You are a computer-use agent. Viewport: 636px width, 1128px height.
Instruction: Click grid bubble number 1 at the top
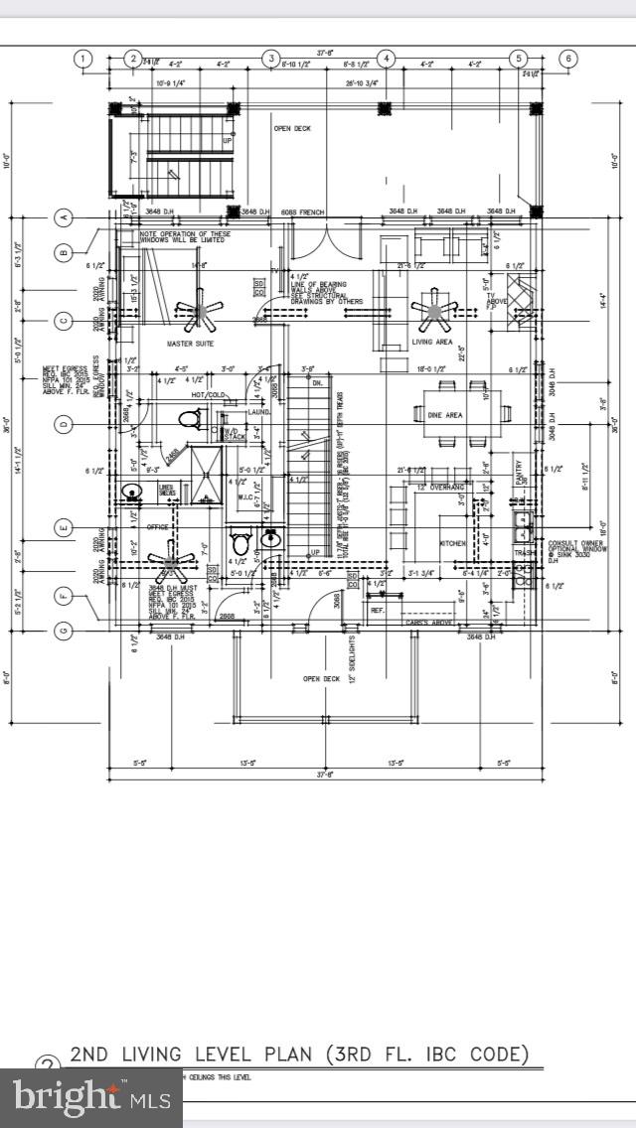pyautogui.click(x=84, y=59)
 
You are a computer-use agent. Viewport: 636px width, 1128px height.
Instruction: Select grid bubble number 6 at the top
pyautogui.click(x=567, y=59)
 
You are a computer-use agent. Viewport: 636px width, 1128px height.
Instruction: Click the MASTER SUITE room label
pyautogui.click(x=191, y=344)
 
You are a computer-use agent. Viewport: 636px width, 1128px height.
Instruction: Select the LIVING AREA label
pyautogui.click(x=432, y=343)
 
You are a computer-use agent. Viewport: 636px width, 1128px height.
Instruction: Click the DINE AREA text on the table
pyautogui.click(x=444, y=415)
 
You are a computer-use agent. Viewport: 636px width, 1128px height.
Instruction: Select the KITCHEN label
pyautogui.click(x=454, y=543)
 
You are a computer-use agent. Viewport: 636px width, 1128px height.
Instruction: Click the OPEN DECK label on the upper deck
pyautogui.click(x=293, y=128)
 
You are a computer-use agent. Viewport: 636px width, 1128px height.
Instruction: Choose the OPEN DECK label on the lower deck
pyautogui.click(x=321, y=679)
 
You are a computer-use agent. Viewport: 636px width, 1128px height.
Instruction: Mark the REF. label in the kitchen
pyautogui.click(x=378, y=610)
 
